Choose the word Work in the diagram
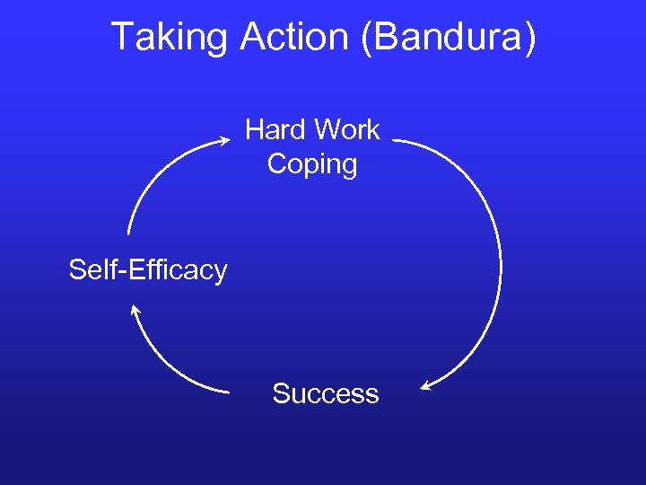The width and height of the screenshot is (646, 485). tap(346, 130)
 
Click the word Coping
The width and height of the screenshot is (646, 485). tap(312, 164)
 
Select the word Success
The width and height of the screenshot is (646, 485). tap(325, 393)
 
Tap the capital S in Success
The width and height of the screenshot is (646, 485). tap(281, 393)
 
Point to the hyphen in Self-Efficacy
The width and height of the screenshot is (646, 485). tap(118, 271)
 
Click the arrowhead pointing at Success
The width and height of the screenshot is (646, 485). tap(427, 387)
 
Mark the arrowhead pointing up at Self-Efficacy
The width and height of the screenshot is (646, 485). tap(135, 311)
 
